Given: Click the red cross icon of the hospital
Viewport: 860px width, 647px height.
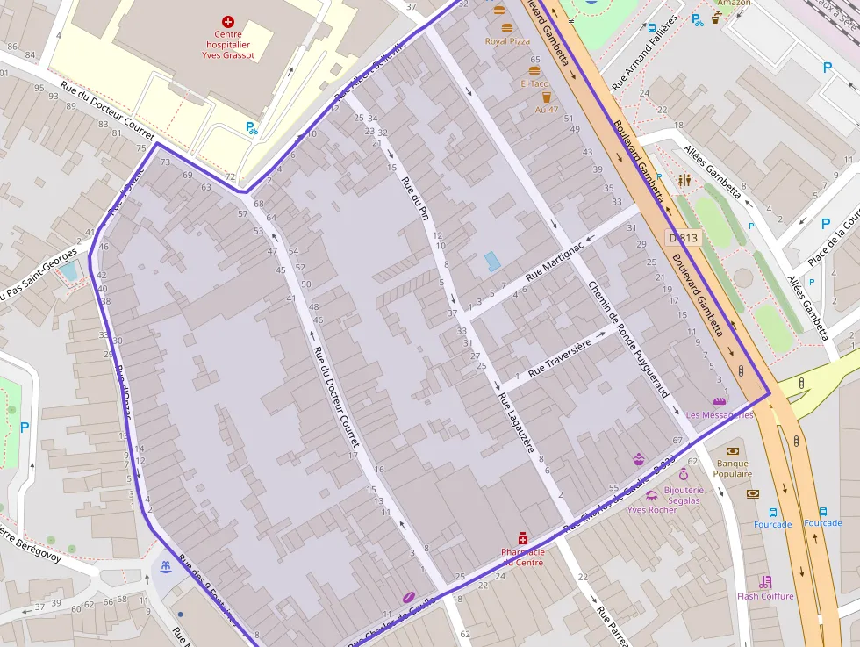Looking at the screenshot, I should click(x=229, y=20).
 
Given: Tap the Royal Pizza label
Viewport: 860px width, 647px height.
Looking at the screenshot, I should click(x=508, y=40).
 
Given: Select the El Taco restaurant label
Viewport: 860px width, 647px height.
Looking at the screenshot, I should click(x=534, y=83).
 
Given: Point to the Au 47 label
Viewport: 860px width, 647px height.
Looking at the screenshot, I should click(x=547, y=110).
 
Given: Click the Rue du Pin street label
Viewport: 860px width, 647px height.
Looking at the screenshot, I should click(x=414, y=198).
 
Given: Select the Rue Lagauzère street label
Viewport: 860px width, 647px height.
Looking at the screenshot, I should click(x=516, y=422).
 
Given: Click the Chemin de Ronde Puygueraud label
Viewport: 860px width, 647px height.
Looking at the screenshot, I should click(x=628, y=338).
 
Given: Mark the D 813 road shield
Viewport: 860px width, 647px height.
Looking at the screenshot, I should click(x=684, y=237).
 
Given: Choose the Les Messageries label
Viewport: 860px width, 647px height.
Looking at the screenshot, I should click(x=720, y=414).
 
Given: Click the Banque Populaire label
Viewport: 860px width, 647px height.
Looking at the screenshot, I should click(x=733, y=468).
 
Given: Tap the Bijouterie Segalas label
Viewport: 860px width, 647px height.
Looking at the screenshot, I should click(x=684, y=494).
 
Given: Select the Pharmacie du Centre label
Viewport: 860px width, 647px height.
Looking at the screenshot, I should click(x=522, y=557).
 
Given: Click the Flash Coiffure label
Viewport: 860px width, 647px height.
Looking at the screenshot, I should click(x=765, y=596).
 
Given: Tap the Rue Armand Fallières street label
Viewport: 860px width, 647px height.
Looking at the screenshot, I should click(x=645, y=53).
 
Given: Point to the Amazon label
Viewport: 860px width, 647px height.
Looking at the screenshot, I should click(x=734, y=4).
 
